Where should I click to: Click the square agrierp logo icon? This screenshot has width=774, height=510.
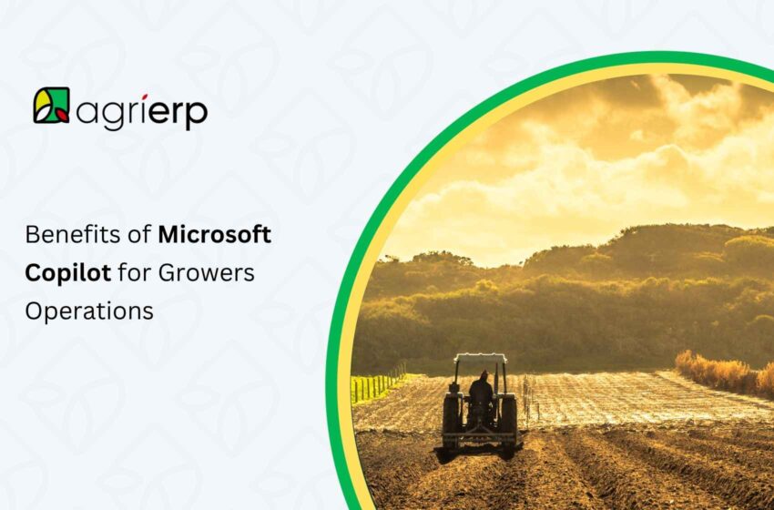tap(51, 106)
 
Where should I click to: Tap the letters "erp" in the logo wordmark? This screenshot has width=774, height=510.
tap(182, 113)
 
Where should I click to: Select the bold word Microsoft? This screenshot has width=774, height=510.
tap(215, 235)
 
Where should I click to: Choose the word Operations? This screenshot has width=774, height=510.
tap(89, 311)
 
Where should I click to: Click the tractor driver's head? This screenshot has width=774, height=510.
tap(482, 376)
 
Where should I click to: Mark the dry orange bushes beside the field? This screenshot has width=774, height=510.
tap(719, 372)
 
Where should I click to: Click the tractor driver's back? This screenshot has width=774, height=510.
tap(481, 392)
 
